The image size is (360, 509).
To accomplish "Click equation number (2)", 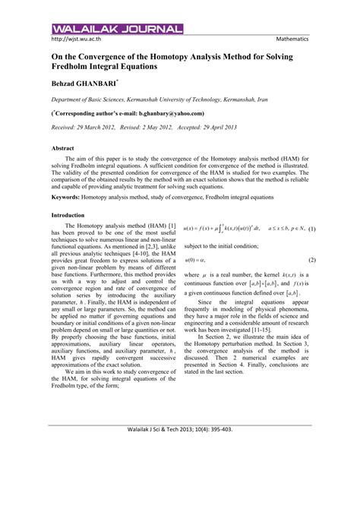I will coord(311,261).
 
